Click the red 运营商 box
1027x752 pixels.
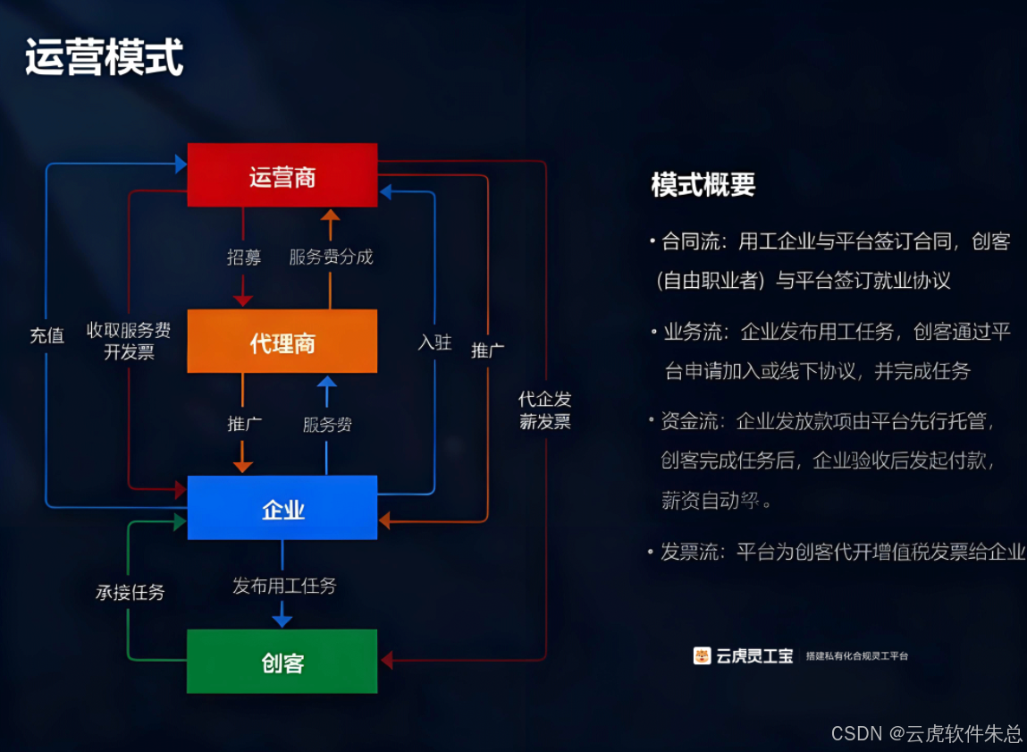tap(282, 175)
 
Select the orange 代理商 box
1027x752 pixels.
tap(282, 342)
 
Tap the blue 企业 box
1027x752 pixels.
tap(282, 508)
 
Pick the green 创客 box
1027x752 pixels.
tap(282, 662)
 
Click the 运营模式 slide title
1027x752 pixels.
tap(104, 58)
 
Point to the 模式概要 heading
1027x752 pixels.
tap(703, 184)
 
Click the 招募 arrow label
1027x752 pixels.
tap(243, 258)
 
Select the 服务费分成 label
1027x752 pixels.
tap(331, 258)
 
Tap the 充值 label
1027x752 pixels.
tap(46, 335)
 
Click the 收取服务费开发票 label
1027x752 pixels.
tap(129, 341)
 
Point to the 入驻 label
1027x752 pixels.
tap(434, 342)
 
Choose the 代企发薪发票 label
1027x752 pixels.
tap(544, 410)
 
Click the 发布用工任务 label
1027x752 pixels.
tap(284, 587)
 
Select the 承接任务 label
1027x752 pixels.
tap(130, 592)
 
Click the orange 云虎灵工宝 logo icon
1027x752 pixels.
tap(702, 655)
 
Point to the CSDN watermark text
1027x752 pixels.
tap(926, 733)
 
